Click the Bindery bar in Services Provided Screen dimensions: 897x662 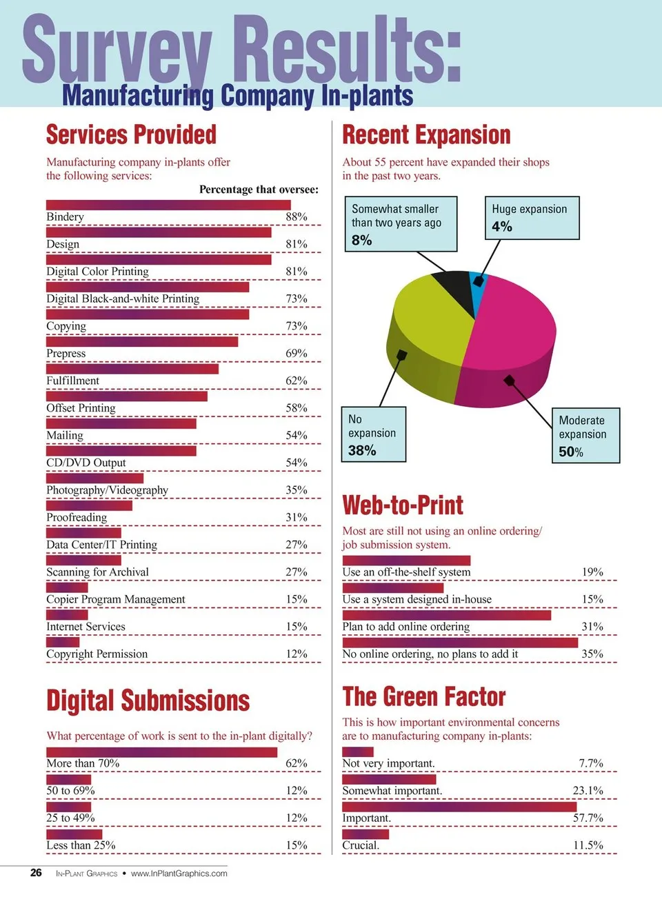point(168,205)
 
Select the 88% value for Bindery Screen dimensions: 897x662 point(297,216)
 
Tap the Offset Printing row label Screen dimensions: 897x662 point(81,408)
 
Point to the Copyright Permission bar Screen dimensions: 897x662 point(63,642)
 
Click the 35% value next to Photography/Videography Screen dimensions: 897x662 point(297,490)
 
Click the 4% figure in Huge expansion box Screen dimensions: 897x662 point(502,227)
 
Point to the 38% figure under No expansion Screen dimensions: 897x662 point(362,450)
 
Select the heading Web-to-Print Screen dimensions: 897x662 point(403,505)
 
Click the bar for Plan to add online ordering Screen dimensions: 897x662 point(446,615)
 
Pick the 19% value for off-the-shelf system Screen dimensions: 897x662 point(592,572)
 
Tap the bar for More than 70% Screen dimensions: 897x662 point(161,752)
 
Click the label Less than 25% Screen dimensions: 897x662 point(81,845)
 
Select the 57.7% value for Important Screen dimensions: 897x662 point(588,818)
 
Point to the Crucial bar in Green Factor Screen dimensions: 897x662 point(365,834)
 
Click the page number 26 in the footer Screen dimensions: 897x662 point(36,873)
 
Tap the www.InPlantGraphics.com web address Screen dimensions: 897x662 point(179,874)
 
